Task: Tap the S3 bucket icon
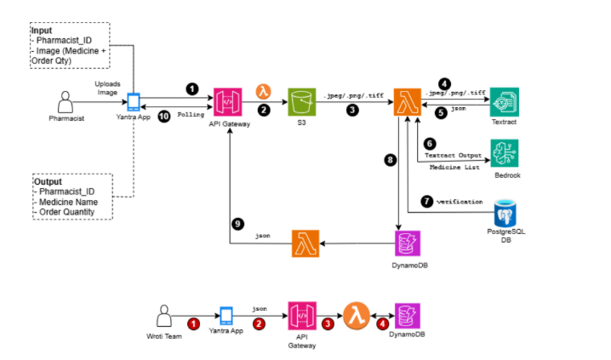(x=300, y=103)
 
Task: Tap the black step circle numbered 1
(x=192, y=88)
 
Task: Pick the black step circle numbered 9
(x=239, y=223)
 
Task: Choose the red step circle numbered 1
(x=193, y=323)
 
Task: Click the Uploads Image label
(x=106, y=88)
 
